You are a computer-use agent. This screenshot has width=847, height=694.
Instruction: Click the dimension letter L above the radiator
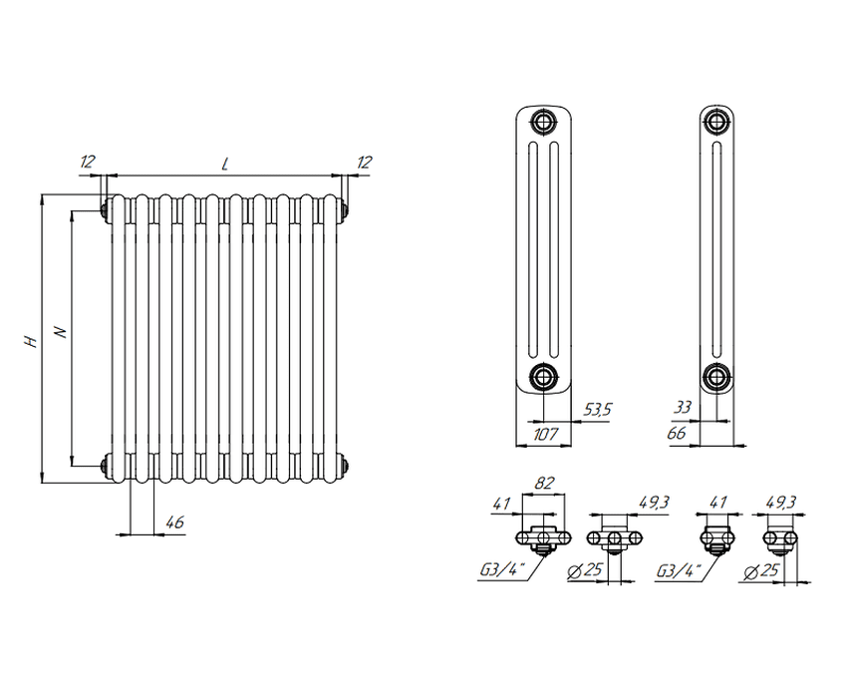(225, 164)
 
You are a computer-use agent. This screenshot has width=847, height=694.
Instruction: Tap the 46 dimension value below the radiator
(174, 522)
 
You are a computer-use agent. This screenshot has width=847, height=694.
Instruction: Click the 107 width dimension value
(544, 434)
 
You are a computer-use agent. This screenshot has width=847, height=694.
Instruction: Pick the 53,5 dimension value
(598, 410)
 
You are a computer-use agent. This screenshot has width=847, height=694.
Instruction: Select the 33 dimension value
(683, 407)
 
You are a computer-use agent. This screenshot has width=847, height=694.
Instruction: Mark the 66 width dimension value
(677, 433)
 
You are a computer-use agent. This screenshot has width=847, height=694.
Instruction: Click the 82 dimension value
(544, 484)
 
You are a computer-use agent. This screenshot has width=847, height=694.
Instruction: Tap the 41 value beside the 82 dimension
(501, 504)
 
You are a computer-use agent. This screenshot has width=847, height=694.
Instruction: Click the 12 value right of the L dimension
(364, 163)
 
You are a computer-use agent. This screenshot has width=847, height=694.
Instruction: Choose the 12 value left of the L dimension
(87, 162)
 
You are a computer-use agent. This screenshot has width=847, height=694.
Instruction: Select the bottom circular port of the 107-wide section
(543, 376)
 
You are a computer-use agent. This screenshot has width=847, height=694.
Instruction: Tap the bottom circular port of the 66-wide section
(716, 376)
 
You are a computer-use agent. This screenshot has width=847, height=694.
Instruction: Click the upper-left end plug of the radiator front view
(106, 208)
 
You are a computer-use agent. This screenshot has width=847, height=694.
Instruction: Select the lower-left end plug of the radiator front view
(106, 466)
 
